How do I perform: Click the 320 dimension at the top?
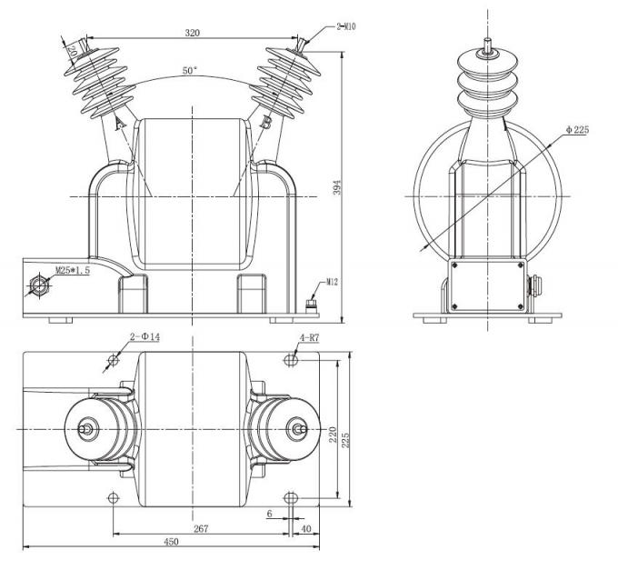[x=191, y=33]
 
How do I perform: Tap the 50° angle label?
[x=189, y=70]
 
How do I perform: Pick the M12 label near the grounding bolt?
[x=333, y=283]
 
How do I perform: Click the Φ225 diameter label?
[x=577, y=130]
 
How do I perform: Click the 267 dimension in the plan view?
[x=202, y=527]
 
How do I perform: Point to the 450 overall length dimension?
[x=170, y=542]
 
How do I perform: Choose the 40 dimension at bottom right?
[x=305, y=527]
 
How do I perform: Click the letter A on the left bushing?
[x=119, y=123]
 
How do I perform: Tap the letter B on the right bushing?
[x=264, y=122]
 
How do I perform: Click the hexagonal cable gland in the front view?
[x=40, y=285]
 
